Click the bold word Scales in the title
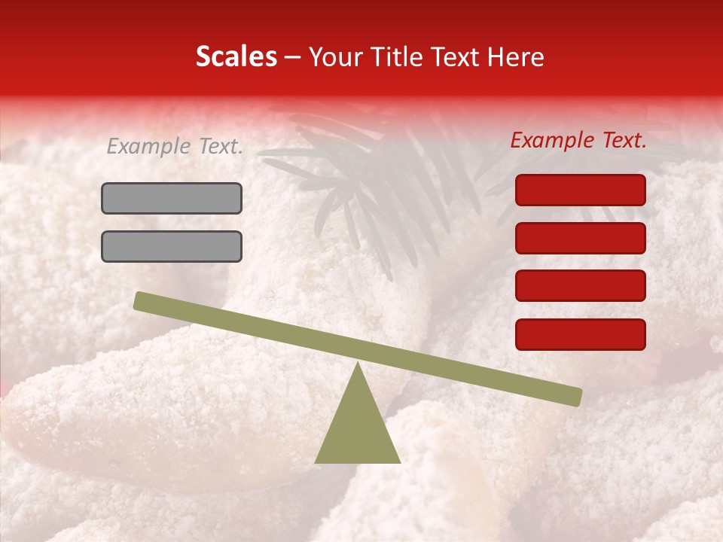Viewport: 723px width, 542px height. tap(236, 56)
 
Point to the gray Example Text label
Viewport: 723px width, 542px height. tap(175, 147)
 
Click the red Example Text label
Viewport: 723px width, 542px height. tap(578, 140)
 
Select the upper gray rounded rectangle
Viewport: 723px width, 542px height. tap(172, 199)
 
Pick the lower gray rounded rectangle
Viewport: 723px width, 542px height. tap(172, 246)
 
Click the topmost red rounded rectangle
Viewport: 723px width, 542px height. tap(581, 190)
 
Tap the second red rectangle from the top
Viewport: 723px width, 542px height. tap(581, 238)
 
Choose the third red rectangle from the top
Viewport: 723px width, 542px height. tap(581, 286)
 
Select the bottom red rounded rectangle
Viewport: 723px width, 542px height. tap(581, 334)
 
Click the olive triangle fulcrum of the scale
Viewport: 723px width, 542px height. tap(357, 429)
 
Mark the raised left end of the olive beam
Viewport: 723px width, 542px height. tap(142, 301)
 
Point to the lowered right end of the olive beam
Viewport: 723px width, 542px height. tap(574, 397)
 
